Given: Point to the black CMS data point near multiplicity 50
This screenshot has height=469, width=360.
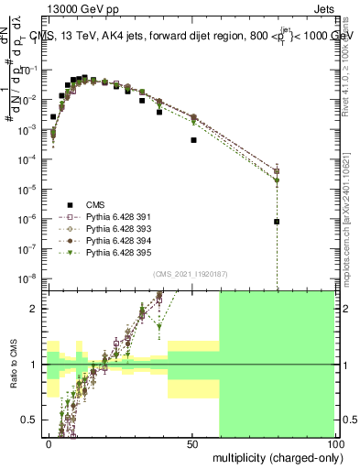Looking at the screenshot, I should coord(193,140).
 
